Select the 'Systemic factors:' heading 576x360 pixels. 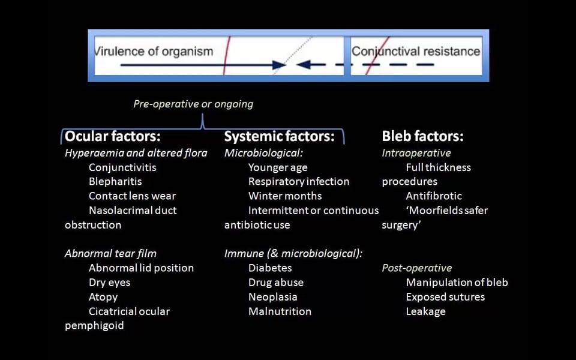click(x=279, y=136)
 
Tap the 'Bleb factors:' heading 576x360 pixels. click(x=422, y=136)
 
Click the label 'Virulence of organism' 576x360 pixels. click(x=154, y=51)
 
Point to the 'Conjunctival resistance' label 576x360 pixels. click(x=416, y=51)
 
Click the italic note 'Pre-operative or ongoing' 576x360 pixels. click(x=193, y=104)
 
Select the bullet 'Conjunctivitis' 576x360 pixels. click(x=122, y=167)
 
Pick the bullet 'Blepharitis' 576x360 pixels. click(x=115, y=181)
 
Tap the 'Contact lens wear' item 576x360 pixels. click(x=132, y=196)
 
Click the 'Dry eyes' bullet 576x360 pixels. click(x=109, y=282)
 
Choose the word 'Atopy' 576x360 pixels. click(x=103, y=296)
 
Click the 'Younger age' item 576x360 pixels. click(x=278, y=167)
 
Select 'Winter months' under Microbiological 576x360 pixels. click(x=285, y=196)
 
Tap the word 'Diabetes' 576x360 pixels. click(x=270, y=268)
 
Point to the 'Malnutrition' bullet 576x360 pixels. click(x=280, y=311)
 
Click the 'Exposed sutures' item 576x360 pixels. click(x=445, y=296)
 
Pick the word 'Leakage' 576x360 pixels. click(x=425, y=311)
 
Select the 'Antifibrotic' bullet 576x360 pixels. click(x=434, y=196)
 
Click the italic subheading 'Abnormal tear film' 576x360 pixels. click(x=110, y=253)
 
